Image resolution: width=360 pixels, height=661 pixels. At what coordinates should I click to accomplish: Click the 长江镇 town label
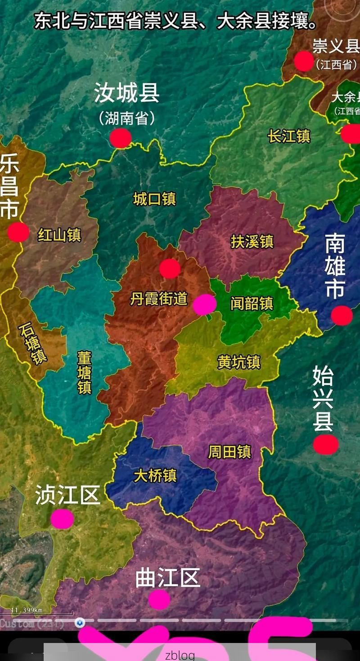(x=289, y=136)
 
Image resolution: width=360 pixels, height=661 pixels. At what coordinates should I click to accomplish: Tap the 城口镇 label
(x=154, y=199)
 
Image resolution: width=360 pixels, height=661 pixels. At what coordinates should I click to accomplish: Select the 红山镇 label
(x=59, y=235)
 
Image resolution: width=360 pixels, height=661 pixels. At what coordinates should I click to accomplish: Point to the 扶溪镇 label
(x=252, y=241)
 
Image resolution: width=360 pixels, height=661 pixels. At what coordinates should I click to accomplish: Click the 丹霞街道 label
(x=158, y=299)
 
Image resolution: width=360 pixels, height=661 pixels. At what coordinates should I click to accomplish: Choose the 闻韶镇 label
(x=252, y=303)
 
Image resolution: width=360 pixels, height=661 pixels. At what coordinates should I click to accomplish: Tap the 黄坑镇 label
(x=239, y=362)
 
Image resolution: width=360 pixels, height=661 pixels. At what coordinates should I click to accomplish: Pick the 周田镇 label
(x=229, y=452)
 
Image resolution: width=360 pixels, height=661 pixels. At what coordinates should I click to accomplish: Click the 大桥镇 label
(x=155, y=475)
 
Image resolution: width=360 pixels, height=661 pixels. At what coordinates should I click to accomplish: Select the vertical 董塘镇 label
(x=84, y=373)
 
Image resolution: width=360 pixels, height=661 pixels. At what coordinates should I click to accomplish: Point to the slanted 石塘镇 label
(x=33, y=344)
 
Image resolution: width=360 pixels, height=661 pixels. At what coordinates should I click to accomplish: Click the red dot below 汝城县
(x=121, y=138)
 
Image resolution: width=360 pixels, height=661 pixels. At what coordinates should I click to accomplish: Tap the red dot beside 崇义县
(x=304, y=61)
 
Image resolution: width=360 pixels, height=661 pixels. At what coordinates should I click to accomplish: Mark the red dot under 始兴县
(x=326, y=444)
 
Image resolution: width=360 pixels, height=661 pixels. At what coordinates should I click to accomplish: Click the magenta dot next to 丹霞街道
(x=205, y=304)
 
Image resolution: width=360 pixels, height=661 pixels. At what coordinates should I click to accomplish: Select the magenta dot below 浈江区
(x=62, y=519)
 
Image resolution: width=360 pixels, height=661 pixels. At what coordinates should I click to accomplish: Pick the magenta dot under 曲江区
(x=159, y=599)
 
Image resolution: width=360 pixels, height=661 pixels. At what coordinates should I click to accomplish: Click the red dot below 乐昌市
(x=18, y=232)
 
